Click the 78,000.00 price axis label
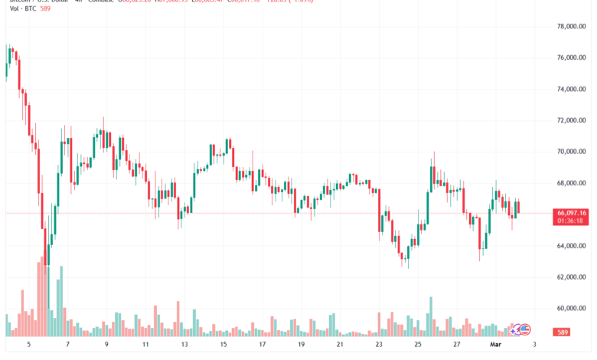(570, 27)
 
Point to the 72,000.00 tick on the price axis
(570, 120)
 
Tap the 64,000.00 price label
(570, 246)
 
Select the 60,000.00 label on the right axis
(570, 308)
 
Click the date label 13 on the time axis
(184, 345)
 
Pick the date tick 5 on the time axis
(28, 345)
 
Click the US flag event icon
(524, 329)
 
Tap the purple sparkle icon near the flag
(516, 329)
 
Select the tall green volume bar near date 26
(432, 316)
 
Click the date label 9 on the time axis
(106, 345)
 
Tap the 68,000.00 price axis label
(570, 183)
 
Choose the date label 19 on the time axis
(302, 345)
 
